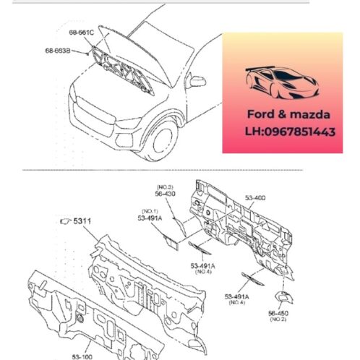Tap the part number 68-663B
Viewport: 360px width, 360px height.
(x=58, y=51)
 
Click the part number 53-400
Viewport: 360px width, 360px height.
(x=255, y=198)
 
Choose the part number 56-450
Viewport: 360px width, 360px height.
(x=278, y=313)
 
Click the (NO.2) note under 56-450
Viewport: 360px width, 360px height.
(x=278, y=320)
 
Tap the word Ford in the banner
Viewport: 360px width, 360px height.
(x=259, y=113)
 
